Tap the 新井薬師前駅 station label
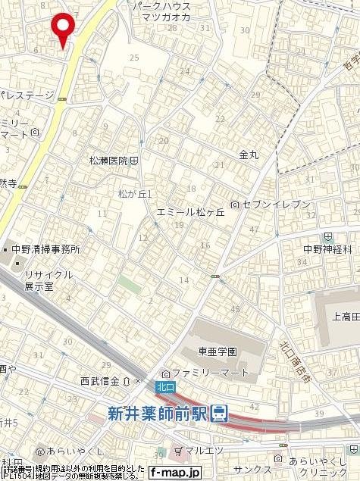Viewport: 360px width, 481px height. [157, 413]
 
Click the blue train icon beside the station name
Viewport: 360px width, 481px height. [219, 413]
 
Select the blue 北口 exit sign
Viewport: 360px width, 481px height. [164, 386]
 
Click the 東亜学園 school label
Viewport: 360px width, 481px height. [218, 352]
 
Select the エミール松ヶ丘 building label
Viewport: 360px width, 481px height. [191, 213]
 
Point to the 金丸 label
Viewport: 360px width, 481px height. [249, 154]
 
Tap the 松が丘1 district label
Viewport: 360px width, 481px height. [136, 194]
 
